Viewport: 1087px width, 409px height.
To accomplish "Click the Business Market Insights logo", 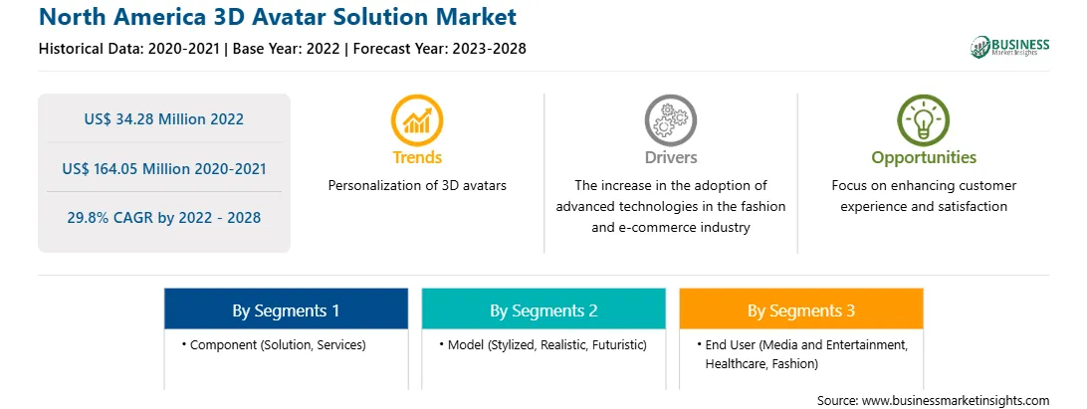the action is coord(1010,47).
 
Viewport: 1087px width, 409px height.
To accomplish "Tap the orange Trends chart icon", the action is coord(417,119).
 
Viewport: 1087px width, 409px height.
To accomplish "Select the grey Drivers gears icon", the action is coord(670,119).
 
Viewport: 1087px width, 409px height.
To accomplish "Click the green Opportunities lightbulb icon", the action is coord(924,119).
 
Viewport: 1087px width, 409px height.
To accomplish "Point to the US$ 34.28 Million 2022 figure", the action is coord(164,119).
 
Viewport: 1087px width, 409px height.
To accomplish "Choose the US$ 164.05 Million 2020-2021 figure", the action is coord(164,168).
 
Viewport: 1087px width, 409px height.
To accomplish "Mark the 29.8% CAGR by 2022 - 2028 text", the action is coord(164,218).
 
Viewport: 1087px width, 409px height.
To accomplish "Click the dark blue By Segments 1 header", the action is coord(287,309).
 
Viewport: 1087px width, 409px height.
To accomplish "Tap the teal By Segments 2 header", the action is coord(543,309).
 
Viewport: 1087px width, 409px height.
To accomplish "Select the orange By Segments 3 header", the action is coord(801,309).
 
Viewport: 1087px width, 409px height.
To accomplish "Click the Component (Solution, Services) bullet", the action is coord(274,344).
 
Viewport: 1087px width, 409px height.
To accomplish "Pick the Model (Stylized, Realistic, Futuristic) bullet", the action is coord(543,344).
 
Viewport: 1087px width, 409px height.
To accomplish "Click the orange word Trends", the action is coord(417,157).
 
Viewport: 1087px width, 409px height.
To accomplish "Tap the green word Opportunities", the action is coord(924,158).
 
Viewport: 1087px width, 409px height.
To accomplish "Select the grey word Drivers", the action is coord(670,157).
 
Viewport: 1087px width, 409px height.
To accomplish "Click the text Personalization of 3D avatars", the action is coord(417,186).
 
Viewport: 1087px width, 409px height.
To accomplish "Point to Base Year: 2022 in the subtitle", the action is coord(287,49).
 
